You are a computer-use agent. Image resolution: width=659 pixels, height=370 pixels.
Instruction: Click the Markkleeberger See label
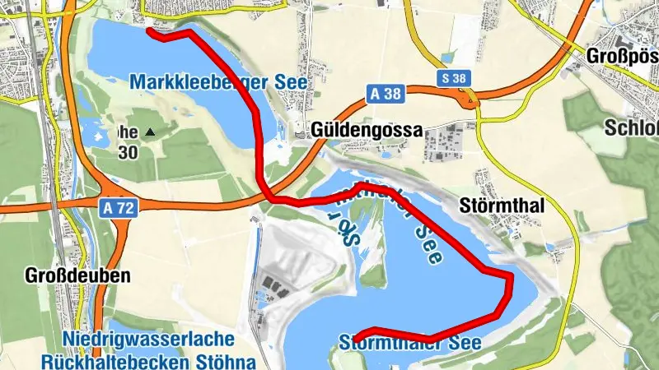(x=218, y=82)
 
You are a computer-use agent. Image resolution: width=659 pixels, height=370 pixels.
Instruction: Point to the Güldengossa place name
(x=367, y=130)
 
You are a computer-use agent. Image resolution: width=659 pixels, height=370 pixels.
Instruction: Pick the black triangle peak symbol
(x=149, y=132)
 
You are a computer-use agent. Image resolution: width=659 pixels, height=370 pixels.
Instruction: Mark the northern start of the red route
(x=149, y=31)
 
